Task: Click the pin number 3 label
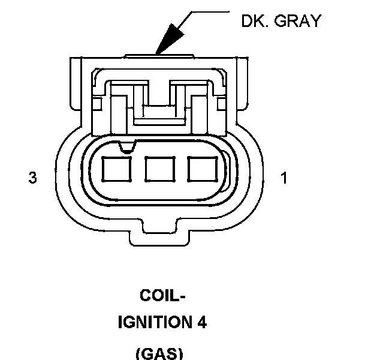coord(32,178)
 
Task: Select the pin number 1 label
coord(284,178)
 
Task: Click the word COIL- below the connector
coord(162,296)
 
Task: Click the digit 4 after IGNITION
coord(202,323)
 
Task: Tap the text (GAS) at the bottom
coord(159,353)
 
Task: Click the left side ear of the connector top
coord(76,84)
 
